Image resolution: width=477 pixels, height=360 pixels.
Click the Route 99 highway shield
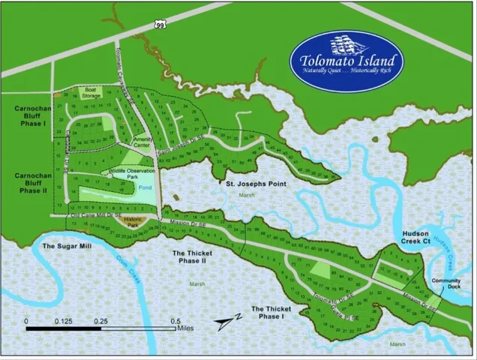pos(160,25)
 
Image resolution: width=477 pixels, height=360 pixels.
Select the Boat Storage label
pos(91,93)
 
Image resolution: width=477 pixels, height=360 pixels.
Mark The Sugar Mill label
pos(65,245)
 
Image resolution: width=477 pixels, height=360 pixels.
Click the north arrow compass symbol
pos(224,322)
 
